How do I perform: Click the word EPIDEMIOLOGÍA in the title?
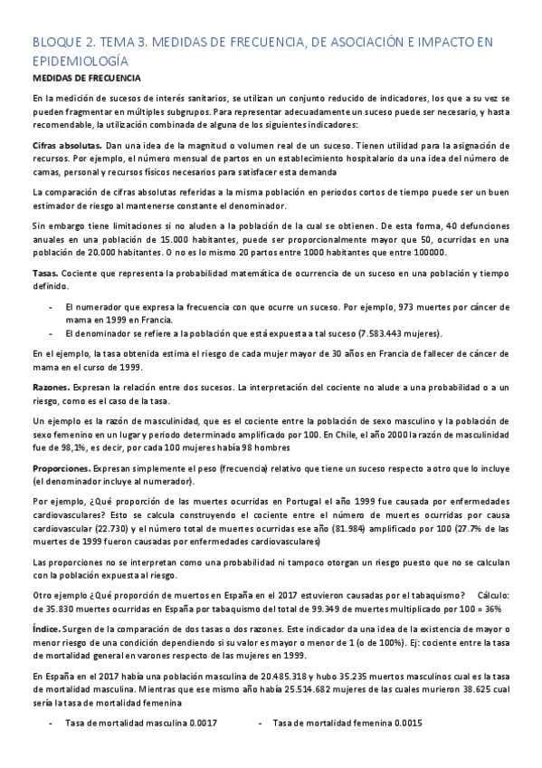pyautogui.click(x=78, y=61)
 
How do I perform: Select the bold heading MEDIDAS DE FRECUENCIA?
pyautogui.click(x=81, y=80)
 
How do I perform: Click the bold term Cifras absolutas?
pyautogui.click(x=66, y=145)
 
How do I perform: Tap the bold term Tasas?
pyautogui.click(x=45, y=272)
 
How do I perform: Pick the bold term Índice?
pyautogui.click(x=46, y=627)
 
